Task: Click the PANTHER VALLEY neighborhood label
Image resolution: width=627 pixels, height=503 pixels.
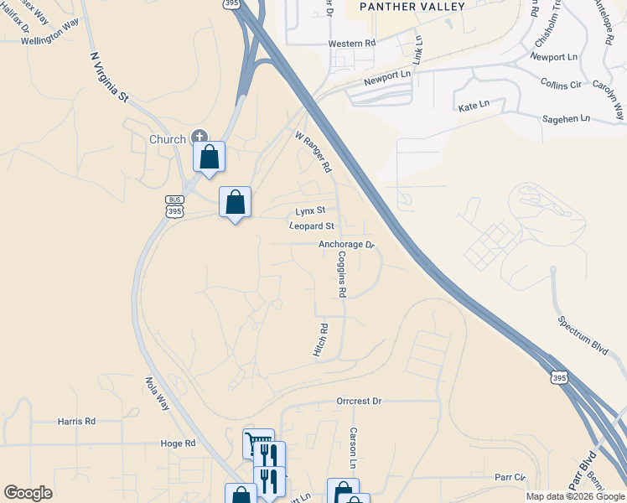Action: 400,7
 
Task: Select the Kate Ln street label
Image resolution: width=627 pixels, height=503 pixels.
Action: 474,107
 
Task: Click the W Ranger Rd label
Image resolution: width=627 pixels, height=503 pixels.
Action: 313,151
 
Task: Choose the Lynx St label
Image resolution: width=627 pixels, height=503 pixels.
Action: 309,211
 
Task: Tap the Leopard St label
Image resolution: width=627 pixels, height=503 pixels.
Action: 312,226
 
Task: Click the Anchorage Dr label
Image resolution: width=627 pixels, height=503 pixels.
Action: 345,245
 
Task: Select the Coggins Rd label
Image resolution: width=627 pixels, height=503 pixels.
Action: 342,277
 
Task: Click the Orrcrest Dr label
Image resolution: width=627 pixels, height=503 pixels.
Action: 359,402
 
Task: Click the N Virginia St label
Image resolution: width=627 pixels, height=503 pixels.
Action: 108,78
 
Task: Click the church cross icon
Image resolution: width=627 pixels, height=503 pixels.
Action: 199,136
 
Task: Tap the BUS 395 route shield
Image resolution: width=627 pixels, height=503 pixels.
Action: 174,207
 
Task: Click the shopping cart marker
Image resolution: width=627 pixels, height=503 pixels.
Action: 257,443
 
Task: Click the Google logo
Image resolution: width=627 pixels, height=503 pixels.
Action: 28,493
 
